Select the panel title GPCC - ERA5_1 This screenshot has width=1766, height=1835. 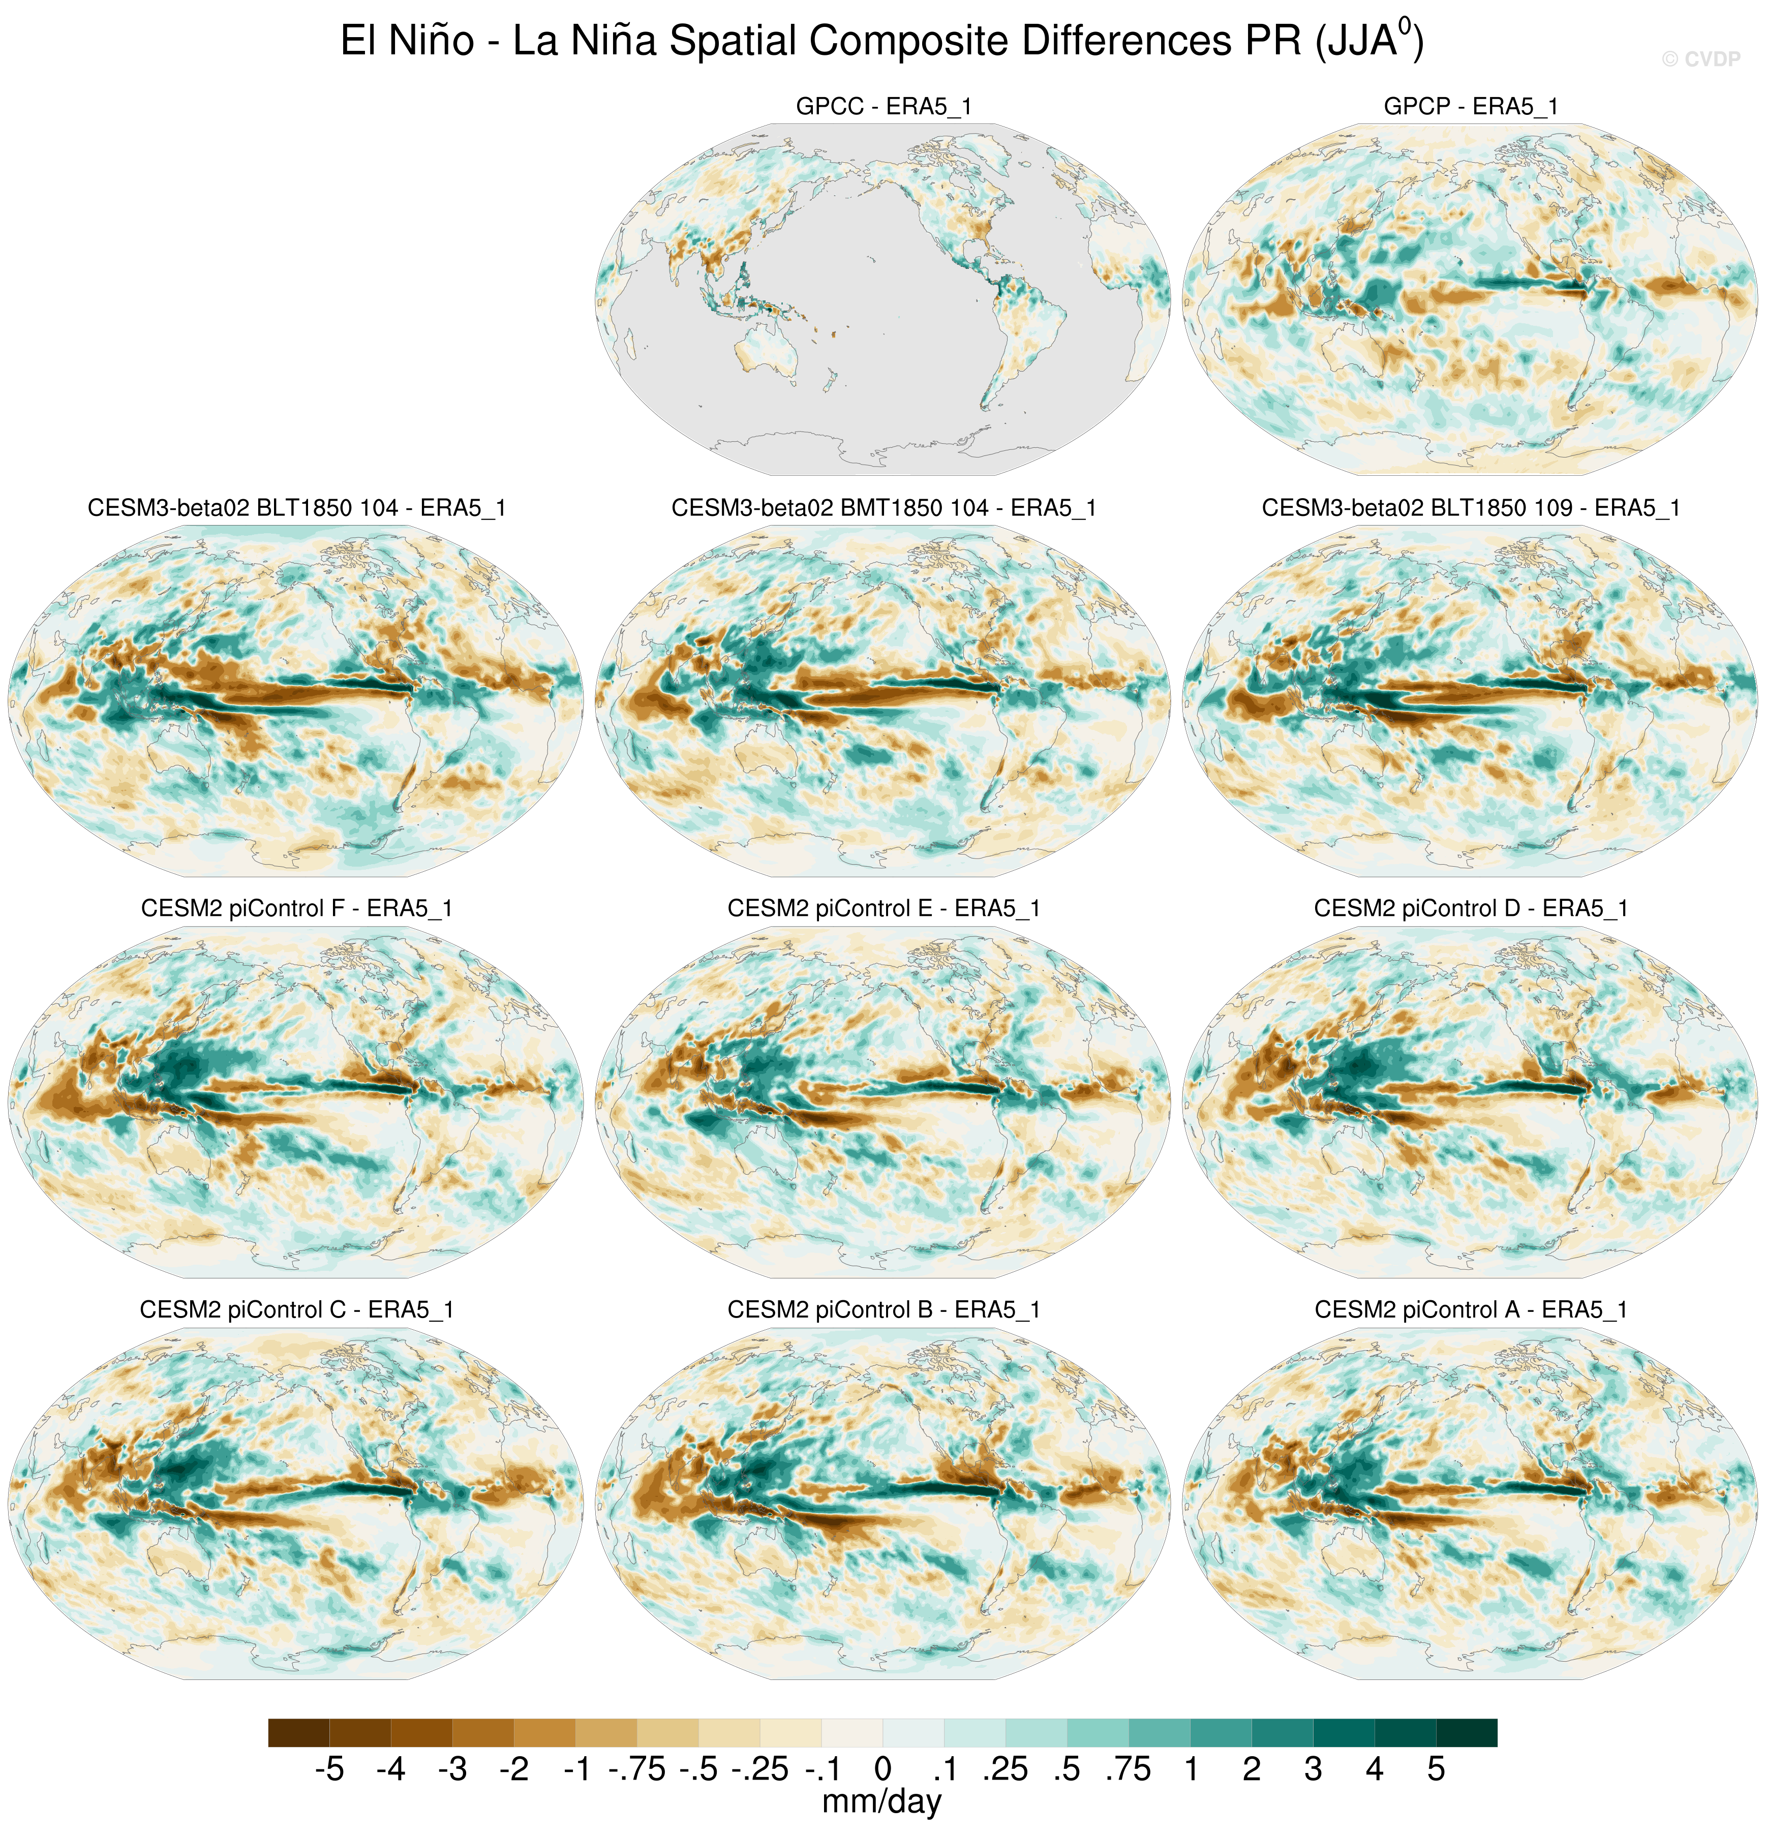(883, 107)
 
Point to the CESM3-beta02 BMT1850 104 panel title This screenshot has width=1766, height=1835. (883, 508)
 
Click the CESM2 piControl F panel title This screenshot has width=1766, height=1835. (296, 909)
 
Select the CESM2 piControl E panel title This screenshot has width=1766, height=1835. (883, 909)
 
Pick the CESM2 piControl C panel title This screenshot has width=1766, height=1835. (296, 1310)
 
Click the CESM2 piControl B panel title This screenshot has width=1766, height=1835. (883, 1310)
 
